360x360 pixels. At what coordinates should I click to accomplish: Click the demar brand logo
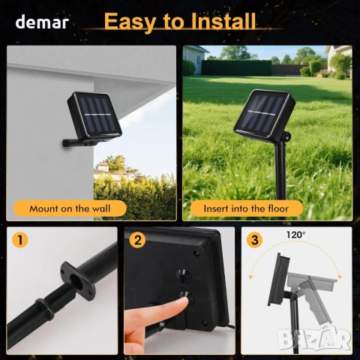42,22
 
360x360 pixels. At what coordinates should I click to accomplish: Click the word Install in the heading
223,21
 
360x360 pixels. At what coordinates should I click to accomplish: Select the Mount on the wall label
70,208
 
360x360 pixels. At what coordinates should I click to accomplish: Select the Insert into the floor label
246,208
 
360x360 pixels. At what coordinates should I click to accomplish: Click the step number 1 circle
20,240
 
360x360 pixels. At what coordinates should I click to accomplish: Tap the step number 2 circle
137,240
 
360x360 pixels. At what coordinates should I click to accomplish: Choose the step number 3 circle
254,240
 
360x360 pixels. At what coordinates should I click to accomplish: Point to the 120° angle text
295,235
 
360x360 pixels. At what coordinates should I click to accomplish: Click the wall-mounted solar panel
94,115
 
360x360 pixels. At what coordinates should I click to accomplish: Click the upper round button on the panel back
184,276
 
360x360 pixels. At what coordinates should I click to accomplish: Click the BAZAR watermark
314,339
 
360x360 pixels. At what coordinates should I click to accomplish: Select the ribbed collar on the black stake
45,309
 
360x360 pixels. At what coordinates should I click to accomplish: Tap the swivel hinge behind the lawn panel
286,136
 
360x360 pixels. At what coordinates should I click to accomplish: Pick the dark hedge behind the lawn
236,67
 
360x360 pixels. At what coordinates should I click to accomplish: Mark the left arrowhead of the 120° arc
250,277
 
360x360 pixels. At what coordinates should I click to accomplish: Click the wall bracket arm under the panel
75,143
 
